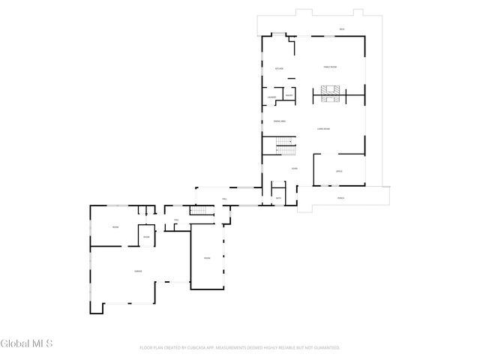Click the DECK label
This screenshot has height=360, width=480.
point(341,29)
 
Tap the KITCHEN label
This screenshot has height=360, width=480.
point(279,68)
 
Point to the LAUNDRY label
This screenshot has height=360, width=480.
point(272,97)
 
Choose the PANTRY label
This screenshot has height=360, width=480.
point(288,94)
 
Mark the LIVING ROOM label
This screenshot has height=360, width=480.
point(325,129)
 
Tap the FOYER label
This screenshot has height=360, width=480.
point(295,169)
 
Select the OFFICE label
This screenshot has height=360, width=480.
point(339,172)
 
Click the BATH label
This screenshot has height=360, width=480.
point(278,197)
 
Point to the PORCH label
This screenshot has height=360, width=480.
point(341,198)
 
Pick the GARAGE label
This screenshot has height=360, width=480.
point(138,271)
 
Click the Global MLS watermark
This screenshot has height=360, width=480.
point(27,344)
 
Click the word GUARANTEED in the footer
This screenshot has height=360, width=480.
point(325,348)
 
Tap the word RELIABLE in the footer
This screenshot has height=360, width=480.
point(281,348)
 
